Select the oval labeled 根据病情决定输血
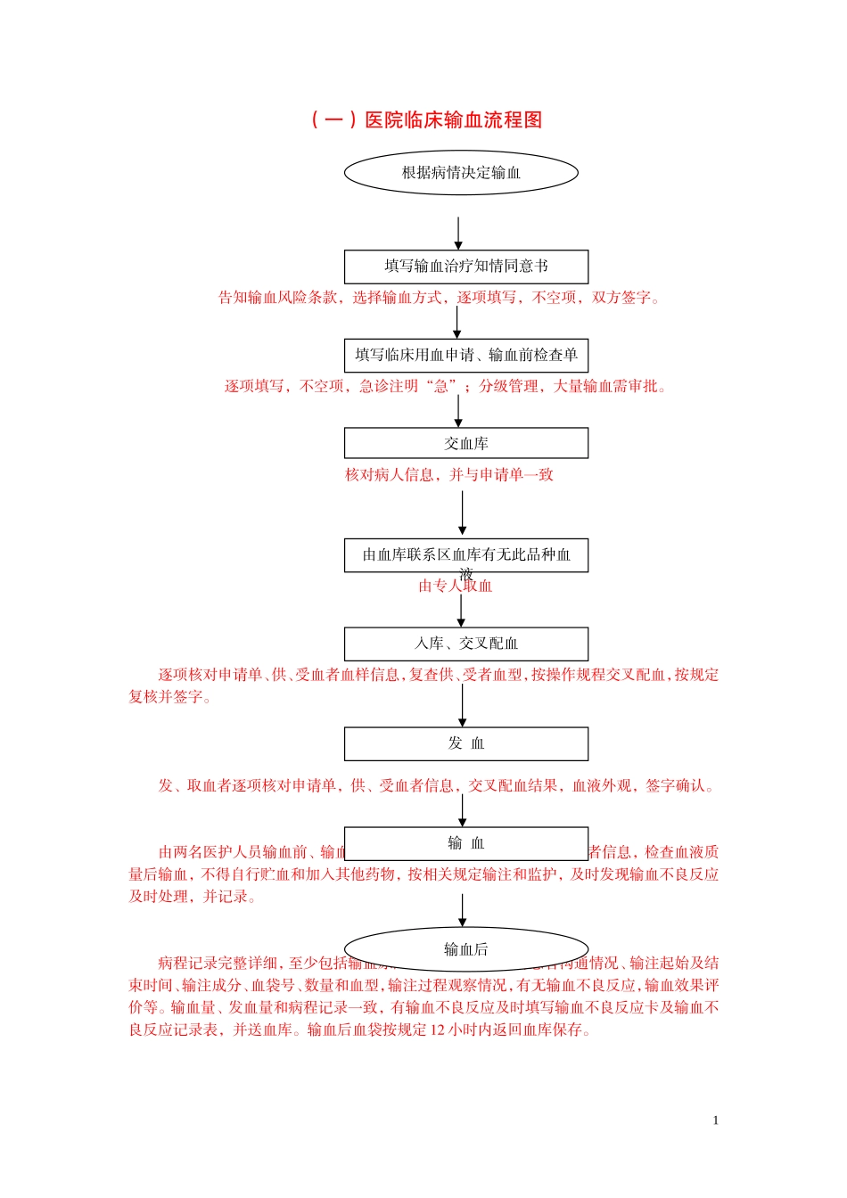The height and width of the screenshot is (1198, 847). click(x=461, y=173)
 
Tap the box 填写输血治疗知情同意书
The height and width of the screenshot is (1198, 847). click(x=466, y=267)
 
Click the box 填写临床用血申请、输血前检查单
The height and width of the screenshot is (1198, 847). click(x=466, y=355)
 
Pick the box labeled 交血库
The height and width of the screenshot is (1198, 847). click(x=466, y=443)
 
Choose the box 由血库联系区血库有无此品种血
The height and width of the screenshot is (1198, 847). click(x=466, y=554)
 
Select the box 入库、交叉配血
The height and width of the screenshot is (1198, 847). click(x=466, y=644)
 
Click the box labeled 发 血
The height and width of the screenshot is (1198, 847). click(x=466, y=743)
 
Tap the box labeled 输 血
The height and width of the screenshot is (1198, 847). click(x=466, y=843)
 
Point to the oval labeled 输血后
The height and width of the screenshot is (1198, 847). click(x=466, y=949)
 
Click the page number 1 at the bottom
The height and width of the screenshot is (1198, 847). click(x=715, y=1120)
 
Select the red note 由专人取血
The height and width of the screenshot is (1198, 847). click(x=455, y=587)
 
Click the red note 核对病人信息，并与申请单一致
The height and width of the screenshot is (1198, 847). click(x=449, y=475)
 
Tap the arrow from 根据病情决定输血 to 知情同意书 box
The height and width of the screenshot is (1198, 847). click(x=458, y=233)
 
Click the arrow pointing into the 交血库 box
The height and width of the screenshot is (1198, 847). click(x=458, y=411)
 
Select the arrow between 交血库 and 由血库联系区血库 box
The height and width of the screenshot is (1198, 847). click(x=462, y=513)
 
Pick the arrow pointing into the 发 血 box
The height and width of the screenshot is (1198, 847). click(x=462, y=705)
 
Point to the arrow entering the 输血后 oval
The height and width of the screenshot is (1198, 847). click(x=462, y=910)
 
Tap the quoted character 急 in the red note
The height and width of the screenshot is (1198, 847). click(x=440, y=387)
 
